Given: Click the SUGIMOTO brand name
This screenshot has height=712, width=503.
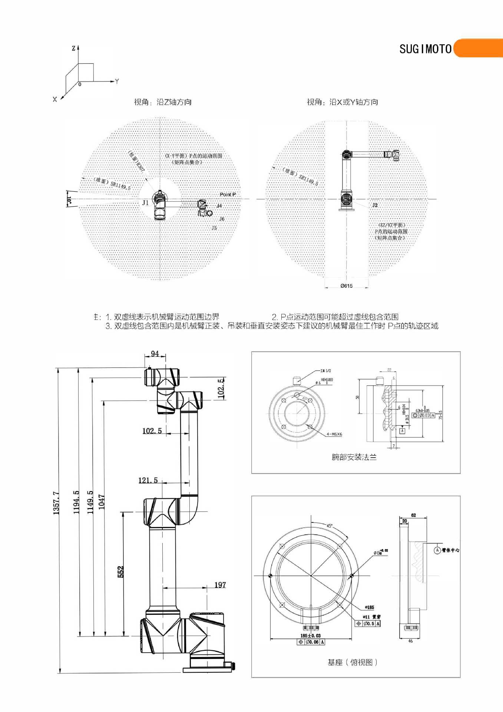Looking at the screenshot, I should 425,49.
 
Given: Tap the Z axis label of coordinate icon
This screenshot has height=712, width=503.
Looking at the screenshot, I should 73,48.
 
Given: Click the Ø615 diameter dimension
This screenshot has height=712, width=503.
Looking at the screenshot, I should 347,286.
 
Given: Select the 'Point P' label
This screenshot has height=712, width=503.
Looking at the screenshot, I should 228,194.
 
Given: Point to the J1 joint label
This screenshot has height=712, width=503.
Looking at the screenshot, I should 145,203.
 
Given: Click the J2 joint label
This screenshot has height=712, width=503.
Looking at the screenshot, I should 375,205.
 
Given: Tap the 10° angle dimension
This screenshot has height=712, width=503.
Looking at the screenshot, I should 69,199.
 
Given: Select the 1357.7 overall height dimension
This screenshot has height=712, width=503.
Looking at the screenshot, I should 56,503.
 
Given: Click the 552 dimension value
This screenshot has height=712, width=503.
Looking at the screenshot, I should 120,571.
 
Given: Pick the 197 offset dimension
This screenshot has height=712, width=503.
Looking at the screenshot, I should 220,585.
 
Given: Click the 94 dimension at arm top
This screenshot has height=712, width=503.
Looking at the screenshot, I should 155,353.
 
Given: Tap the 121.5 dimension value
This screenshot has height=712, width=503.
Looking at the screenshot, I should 148,480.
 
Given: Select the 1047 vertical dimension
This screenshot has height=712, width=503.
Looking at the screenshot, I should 102,502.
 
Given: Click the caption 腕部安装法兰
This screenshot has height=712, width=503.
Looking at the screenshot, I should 354,457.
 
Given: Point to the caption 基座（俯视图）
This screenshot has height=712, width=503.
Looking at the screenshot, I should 352,662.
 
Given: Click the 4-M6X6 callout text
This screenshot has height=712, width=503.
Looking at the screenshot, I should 334,434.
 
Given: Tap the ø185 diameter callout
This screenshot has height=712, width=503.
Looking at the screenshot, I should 369,607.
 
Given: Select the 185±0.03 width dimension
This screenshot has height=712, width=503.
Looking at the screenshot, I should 311,636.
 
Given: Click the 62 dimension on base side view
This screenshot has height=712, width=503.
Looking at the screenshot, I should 414,515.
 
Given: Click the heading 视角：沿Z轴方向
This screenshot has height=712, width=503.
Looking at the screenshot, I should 163,102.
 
